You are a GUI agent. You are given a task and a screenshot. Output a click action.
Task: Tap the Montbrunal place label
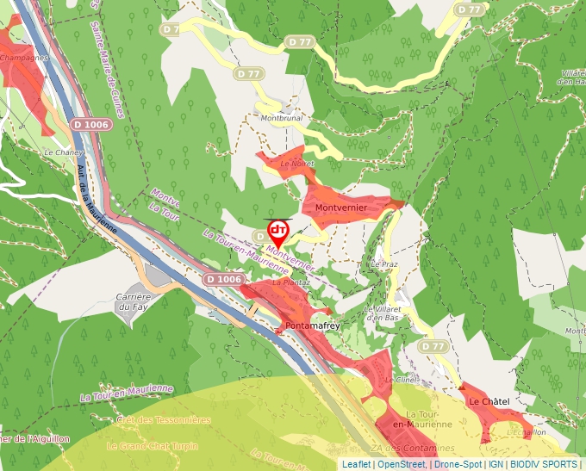click(281, 118)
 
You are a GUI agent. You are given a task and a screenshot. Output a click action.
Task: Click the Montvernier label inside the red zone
click(341, 208)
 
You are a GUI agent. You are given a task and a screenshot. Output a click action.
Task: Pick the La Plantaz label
click(290, 282)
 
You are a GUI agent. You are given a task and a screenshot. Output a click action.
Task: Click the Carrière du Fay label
click(134, 301)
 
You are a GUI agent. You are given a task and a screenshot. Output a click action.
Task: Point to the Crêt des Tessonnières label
click(163, 419)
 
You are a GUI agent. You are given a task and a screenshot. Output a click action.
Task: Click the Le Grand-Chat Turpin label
click(152, 446)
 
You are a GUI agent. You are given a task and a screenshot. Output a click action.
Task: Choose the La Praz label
click(384, 263)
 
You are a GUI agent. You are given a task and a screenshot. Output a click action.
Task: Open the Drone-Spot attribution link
click(458, 464)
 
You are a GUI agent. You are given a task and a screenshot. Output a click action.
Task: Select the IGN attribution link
click(496, 464)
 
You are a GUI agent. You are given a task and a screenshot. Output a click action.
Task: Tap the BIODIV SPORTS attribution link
click(543, 464)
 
